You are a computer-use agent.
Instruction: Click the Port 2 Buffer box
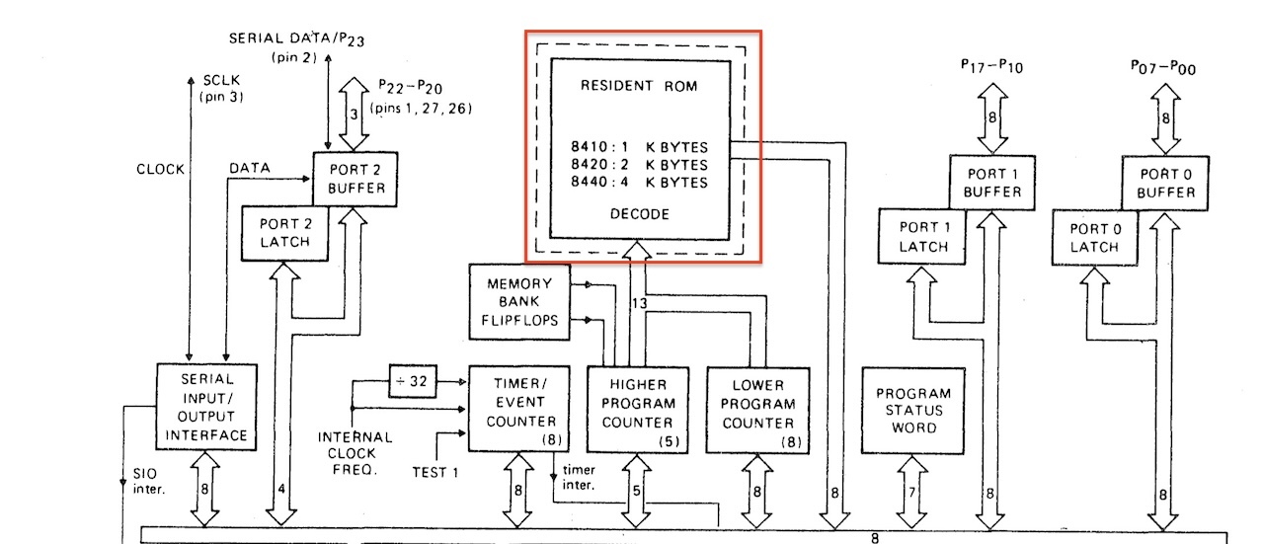point(355,179)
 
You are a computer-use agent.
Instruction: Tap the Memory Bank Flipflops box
point(519,301)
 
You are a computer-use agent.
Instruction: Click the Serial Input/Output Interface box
point(206,407)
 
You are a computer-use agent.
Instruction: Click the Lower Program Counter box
point(756,409)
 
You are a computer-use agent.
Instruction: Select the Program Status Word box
point(913,411)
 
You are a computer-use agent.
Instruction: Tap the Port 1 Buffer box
point(992,182)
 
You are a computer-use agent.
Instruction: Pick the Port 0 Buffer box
point(1164,182)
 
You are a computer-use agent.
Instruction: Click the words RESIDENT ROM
point(640,86)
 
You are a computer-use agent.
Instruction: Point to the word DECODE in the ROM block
point(640,213)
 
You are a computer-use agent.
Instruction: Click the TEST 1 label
point(434,472)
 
